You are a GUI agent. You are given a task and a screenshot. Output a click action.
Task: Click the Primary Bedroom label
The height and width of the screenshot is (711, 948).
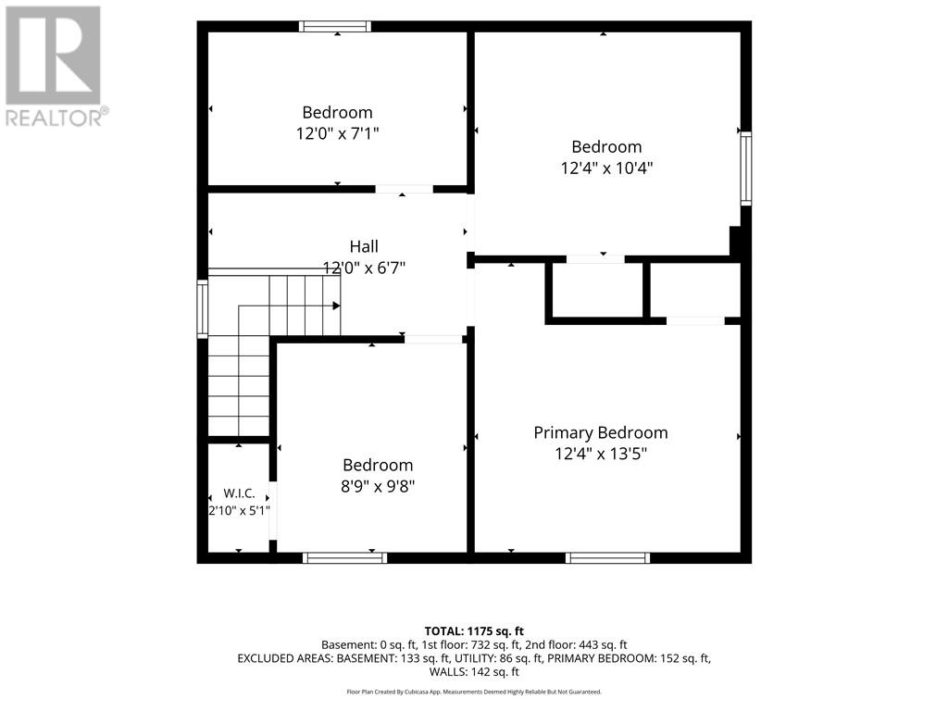pos(600,433)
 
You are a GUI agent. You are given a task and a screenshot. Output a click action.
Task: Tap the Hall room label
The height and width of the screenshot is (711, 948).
pos(364,246)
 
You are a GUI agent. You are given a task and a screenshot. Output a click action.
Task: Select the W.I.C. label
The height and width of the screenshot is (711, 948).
pos(240,493)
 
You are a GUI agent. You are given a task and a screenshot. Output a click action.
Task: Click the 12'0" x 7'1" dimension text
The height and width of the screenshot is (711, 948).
pos(337,133)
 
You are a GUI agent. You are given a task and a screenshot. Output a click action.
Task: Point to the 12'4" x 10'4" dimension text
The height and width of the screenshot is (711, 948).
pos(606,168)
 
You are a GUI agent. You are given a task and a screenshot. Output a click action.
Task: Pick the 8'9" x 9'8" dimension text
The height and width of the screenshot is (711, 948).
pos(378,486)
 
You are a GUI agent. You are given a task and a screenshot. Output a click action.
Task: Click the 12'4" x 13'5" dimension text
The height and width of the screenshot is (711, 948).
pos(601,454)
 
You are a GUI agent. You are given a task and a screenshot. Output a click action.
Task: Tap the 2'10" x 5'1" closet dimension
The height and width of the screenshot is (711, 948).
pos(240,511)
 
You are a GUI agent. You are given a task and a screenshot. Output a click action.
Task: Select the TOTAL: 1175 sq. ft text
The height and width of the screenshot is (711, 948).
pos(474,631)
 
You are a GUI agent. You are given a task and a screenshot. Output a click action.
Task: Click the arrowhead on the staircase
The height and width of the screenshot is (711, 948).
pos(336,306)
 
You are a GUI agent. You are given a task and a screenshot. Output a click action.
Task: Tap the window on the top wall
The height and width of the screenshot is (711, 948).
pos(335,27)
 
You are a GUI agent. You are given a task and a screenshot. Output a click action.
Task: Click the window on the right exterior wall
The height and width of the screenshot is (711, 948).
pos(746,168)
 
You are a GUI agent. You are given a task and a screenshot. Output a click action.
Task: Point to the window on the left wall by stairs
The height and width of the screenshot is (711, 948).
pos(203,308)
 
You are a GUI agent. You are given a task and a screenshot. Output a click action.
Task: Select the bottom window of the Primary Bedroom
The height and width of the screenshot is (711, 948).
pos(607,557)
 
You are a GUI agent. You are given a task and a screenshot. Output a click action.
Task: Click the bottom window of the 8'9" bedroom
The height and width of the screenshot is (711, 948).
pos(344,557)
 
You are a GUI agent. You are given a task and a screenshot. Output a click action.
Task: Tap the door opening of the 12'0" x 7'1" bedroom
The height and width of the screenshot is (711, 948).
pos(404,189)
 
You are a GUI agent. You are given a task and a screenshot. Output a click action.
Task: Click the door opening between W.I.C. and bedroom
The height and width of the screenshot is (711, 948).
pos(273,511)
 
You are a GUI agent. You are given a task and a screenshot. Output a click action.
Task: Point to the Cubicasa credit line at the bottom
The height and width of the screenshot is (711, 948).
pos(474,692)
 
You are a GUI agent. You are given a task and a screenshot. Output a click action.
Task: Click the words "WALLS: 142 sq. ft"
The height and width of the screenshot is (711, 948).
pos(474,672)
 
